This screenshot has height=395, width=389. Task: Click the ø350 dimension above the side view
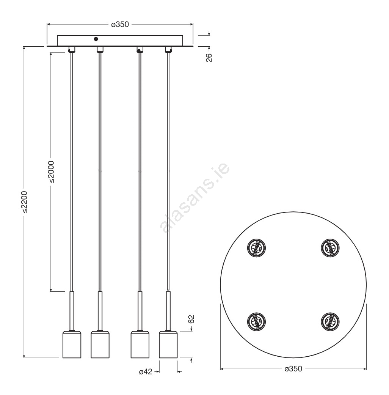[x=120, y=24]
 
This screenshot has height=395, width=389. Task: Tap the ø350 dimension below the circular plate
[x=293, y=369]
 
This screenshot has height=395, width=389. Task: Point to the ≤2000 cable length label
[x=51, y=172]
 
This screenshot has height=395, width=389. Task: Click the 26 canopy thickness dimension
[x=209, y=58]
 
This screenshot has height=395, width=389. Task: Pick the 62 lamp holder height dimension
[x=191, y=319]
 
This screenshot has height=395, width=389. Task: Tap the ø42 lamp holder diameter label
[x=146, y=371]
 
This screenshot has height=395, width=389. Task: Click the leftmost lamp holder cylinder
[x=72, y=344]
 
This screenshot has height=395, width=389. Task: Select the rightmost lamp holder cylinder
[x=168, y=344]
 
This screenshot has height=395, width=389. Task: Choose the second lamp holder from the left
[x=100, y=344]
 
